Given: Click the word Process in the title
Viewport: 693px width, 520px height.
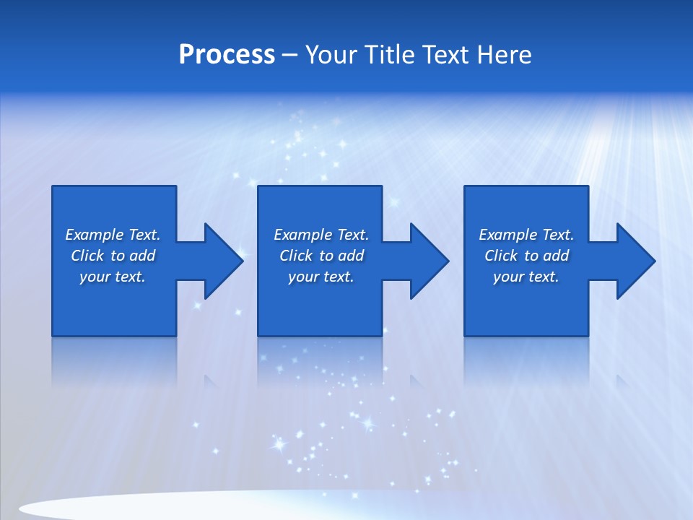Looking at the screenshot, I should coord(227,55).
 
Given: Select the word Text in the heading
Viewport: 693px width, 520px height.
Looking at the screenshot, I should coord(445,55).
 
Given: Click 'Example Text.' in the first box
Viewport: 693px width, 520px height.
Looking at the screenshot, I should coord(113,235).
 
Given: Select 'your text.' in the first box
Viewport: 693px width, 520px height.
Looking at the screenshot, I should coord(113,277).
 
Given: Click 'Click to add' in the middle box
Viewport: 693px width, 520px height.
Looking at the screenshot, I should coord(321,256).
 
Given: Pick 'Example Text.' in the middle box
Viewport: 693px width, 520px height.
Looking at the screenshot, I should coord(321,235).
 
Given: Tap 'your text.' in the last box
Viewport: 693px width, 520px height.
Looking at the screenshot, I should coord(526,277).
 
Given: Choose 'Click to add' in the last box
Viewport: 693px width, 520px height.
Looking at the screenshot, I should coord(526,256).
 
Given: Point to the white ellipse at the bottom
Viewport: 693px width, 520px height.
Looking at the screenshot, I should coord(180,506).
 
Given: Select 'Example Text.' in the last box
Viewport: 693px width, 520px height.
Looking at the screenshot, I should coord(526,235).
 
